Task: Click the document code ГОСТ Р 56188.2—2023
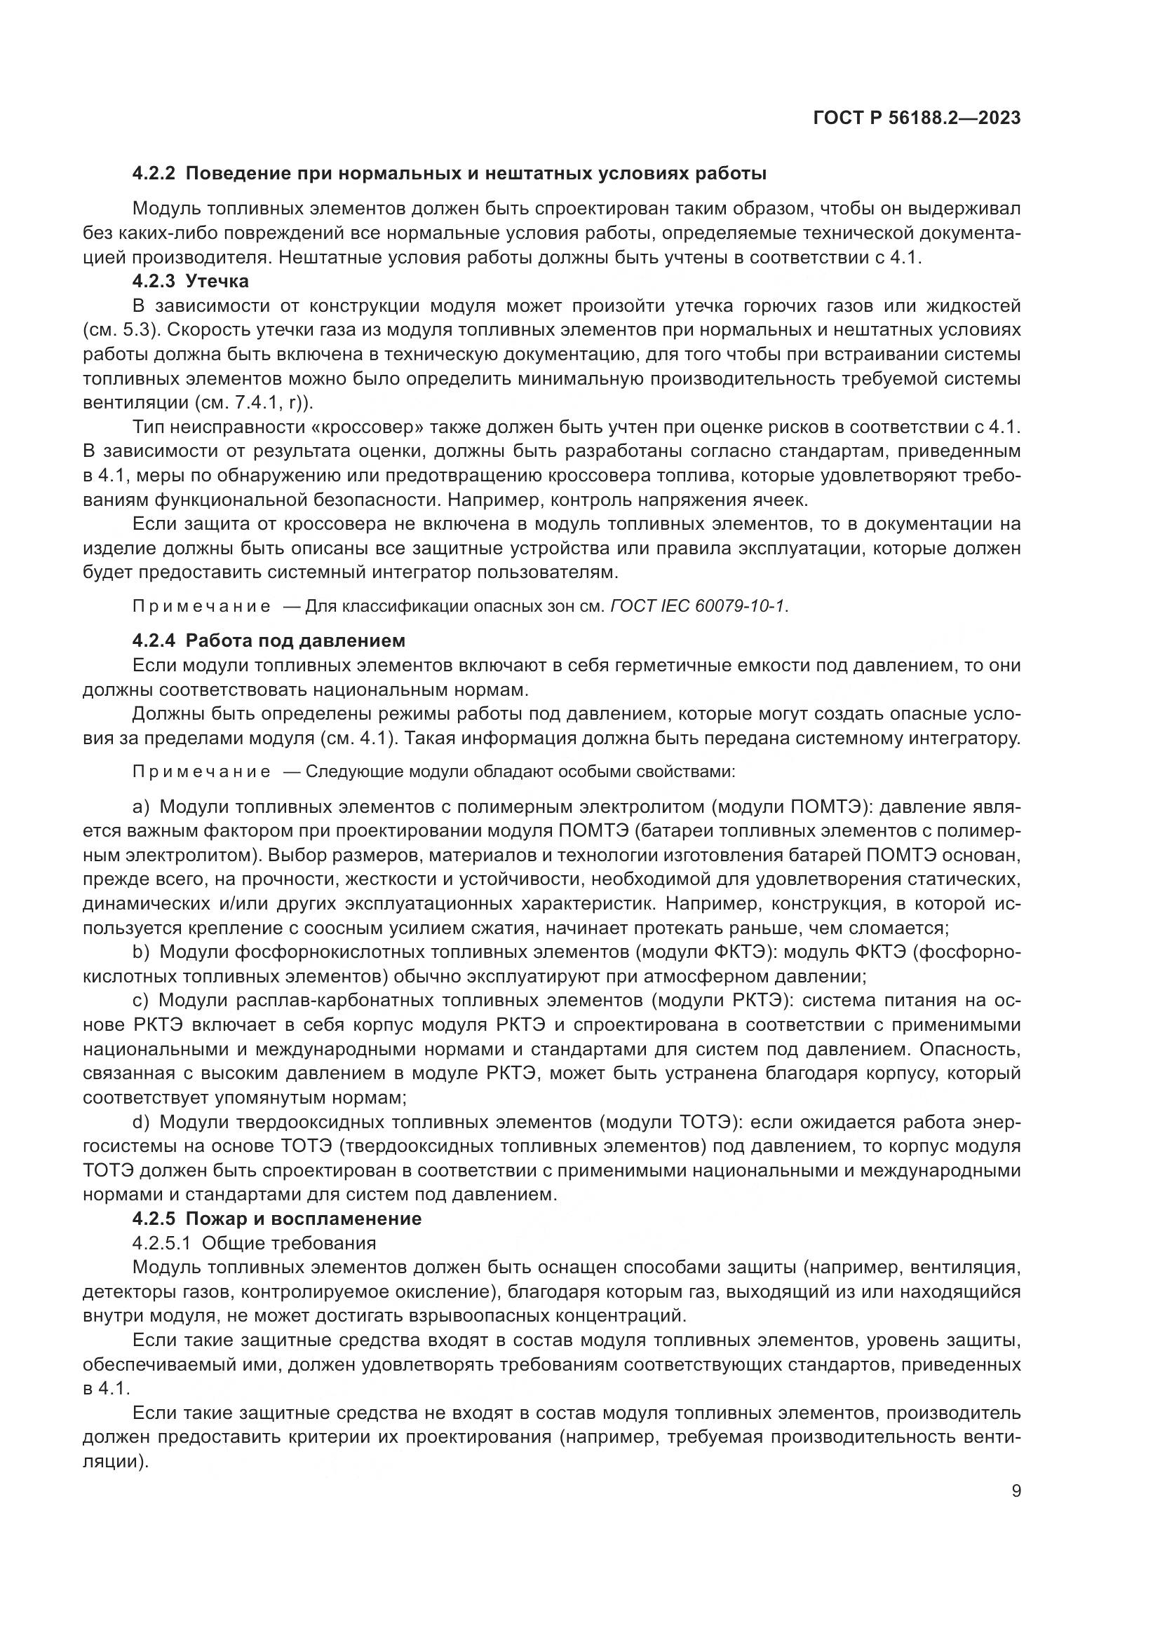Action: (917, 118)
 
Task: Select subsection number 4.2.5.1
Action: (161, 1243)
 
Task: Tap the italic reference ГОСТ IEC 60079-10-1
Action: (699, 606)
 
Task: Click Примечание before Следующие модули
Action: (201, 772)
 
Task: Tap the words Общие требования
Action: (288, 1243)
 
